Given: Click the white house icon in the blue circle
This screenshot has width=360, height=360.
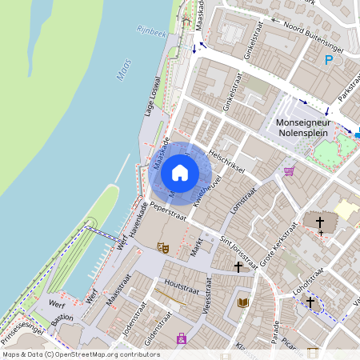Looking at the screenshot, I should pyautogui.click(x=180, y=172).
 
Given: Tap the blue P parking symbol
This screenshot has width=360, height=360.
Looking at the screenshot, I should pyautogui.click(x=329, y=59).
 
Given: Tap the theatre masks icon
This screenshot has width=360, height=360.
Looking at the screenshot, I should pyautogui.click(x=163, y=248).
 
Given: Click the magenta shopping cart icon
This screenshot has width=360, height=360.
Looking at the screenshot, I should pyautogui.click(x=289, y=170).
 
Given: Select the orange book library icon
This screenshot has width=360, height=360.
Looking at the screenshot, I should pyautogui.click(x=243, y=302).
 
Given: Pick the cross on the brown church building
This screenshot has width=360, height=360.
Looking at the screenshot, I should pyautogui.click(x=320, y=222).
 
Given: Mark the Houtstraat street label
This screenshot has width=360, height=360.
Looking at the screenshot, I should pyautogui.click(x=181, y=285).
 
